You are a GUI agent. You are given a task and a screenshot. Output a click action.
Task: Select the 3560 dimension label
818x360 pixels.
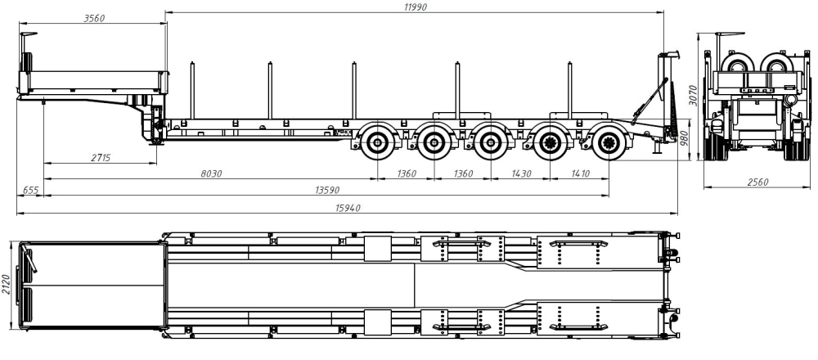pos(94,18)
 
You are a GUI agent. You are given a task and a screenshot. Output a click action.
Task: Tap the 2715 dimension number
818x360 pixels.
pos(100,158)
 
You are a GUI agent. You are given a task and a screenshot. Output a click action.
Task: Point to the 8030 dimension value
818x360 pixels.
pos(211,173)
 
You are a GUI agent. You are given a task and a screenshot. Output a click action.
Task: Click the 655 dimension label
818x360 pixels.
pos(31,191)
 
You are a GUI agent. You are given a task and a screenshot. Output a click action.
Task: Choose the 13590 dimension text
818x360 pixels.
pos(326,191)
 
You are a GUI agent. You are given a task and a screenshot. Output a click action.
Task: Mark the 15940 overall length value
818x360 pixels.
pos(348,208)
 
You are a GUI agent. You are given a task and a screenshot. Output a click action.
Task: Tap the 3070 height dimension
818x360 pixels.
pos(692,95)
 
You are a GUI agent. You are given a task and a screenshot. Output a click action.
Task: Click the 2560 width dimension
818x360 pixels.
pos(757,182)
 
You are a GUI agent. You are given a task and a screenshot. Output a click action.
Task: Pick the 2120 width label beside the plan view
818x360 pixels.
pos(6,285)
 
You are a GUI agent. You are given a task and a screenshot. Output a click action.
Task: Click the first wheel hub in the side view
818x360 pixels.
pos(376,142)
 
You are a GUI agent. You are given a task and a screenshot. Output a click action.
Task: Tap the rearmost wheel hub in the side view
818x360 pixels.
pos(608,142)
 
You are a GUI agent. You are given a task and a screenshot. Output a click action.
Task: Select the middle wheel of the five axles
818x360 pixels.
pos(490,142)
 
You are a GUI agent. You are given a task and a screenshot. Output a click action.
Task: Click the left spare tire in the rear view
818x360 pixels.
pos(736,65)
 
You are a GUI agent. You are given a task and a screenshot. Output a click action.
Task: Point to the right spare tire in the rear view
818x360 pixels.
pos(775,65)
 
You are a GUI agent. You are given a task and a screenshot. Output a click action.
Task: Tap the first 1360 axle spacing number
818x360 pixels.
pos(406,173)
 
